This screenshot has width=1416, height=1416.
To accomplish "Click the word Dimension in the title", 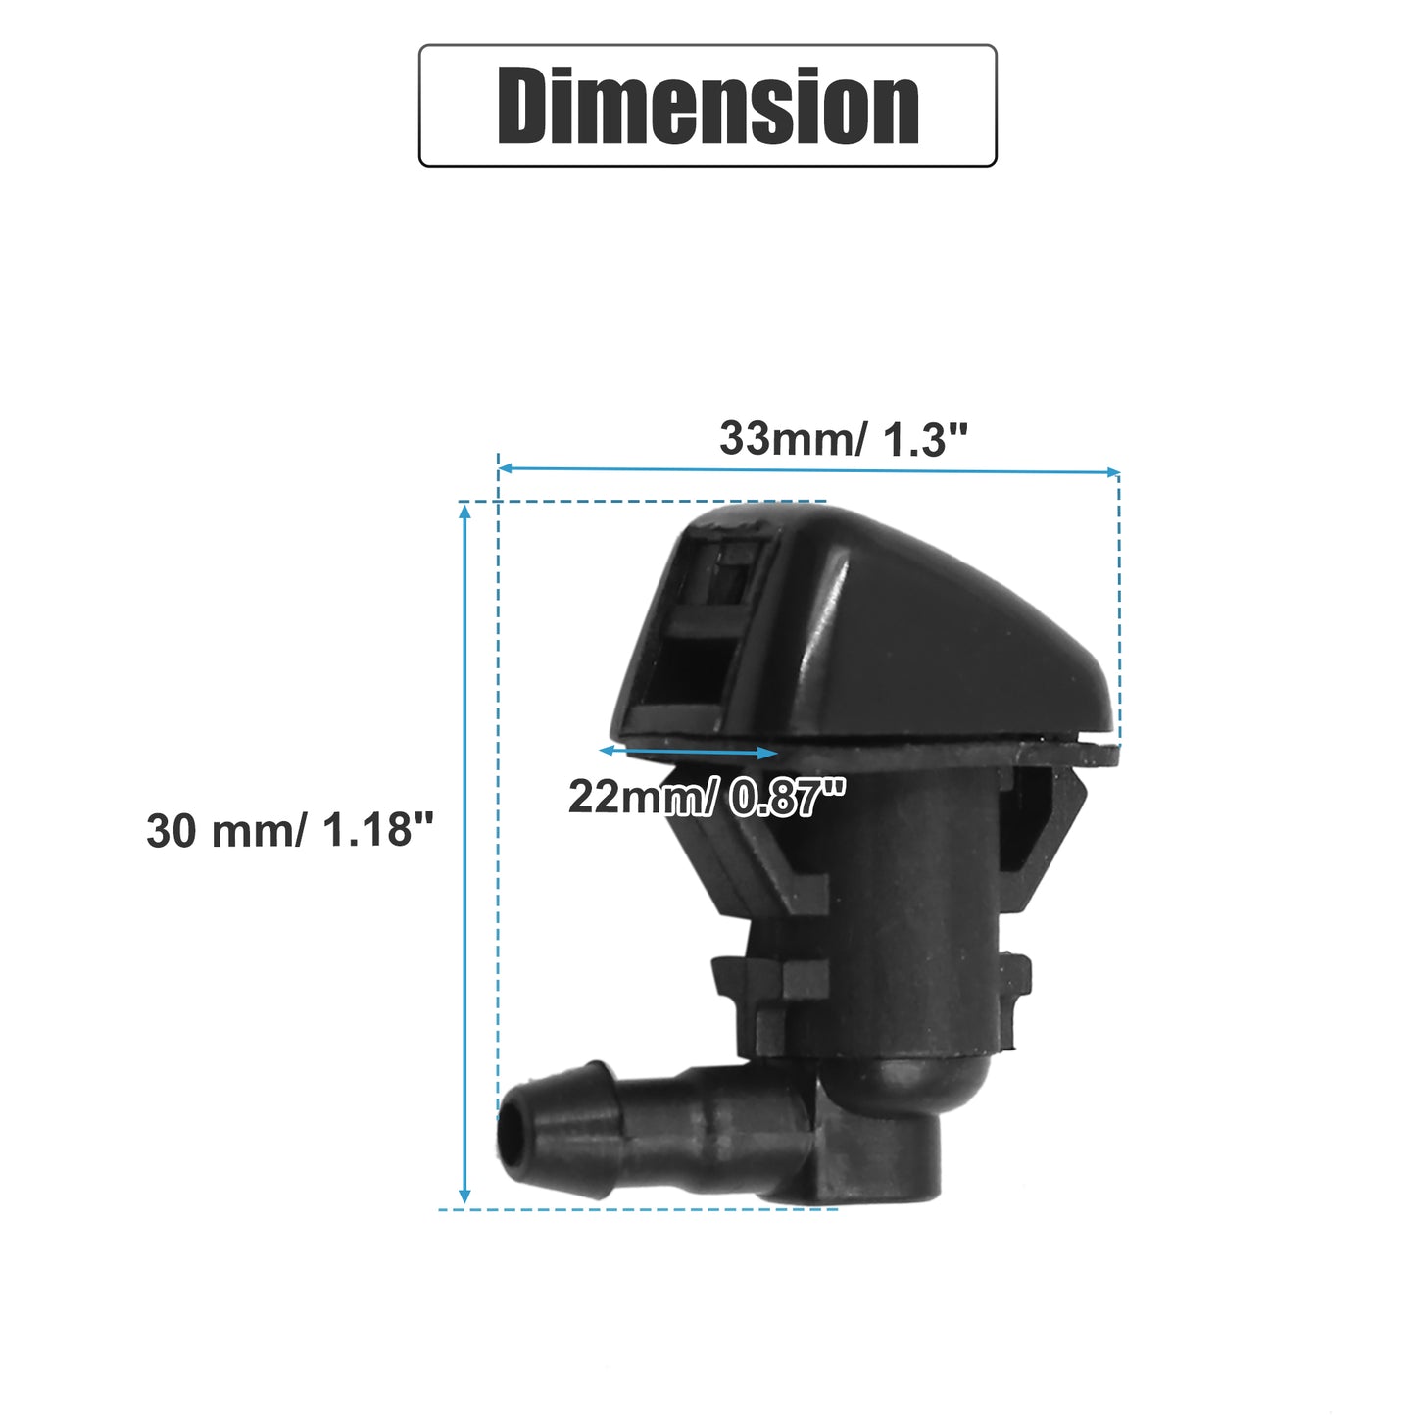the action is [x=708, y=106].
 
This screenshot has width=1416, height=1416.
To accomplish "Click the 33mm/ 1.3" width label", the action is [x=844, y=439].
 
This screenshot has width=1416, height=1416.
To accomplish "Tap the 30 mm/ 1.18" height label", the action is [x=290, y=830].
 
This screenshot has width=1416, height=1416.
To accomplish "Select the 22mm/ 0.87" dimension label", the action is [x=707, y=797].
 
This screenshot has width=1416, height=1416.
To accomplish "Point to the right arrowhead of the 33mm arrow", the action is [x=1112, y=471].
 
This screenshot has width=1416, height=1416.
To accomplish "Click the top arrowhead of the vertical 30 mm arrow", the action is [x=464, y=512].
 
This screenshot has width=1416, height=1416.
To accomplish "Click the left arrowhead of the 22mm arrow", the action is [x=607, y=751].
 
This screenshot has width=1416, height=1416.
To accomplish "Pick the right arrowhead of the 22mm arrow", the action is [x=768, y=753].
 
